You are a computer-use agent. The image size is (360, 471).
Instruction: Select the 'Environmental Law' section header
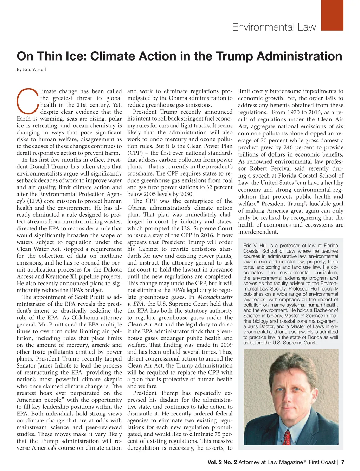(274, 27)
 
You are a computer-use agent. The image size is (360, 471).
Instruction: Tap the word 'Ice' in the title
(77, 56)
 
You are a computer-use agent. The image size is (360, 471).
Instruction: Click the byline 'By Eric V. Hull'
(31, 69)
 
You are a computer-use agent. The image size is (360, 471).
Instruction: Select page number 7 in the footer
(343, 462)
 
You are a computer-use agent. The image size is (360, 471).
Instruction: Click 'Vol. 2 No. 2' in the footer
(222, 462)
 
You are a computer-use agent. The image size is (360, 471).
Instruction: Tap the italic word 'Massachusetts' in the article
(215, 297)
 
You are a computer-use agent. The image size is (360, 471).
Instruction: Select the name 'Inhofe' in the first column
(60, 366)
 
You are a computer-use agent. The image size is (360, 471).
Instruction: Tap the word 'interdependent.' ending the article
(258, 232)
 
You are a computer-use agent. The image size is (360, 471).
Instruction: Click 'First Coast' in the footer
(322, 462)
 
